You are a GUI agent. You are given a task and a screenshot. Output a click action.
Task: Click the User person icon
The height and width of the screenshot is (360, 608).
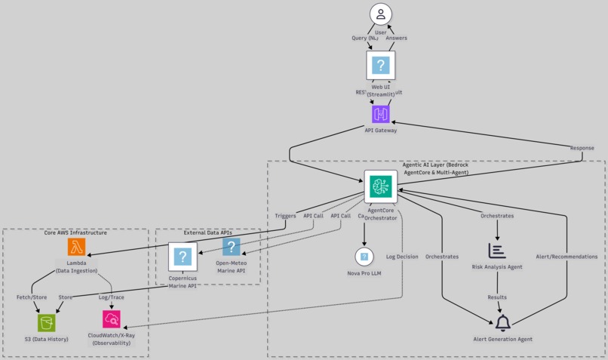click(381, 14)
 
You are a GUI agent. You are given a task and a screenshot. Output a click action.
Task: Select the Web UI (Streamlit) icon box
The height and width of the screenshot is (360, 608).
click(381, 66)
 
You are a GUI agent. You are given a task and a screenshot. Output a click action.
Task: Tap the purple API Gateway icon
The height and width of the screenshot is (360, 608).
click(381, 114)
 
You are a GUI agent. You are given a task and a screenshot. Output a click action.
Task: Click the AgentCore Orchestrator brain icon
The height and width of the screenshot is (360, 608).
click(381, 186)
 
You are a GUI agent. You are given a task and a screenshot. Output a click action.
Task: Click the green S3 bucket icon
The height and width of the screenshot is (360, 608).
click(47, 322)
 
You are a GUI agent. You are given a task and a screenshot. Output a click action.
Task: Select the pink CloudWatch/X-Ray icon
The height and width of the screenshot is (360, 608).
click(112, 319)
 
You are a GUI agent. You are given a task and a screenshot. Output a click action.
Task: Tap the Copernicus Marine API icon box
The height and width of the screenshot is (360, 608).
click(183, 257)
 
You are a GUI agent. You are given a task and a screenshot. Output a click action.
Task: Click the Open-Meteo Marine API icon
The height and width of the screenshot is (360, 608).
click(231, 247)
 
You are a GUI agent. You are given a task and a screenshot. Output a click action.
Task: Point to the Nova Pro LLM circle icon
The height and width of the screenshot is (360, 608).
click(364, 257)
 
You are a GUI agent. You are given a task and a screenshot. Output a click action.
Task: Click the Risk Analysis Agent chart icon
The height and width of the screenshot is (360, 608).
click(497, 251)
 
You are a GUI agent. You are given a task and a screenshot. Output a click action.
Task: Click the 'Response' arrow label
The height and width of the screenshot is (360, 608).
click(582, 148)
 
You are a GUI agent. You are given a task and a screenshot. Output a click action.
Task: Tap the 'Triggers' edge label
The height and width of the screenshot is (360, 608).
click(285, 216)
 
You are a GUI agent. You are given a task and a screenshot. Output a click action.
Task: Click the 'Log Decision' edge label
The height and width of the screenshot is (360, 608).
click(402, 257)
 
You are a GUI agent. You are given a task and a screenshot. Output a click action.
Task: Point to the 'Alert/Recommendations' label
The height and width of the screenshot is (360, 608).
click(567, 257)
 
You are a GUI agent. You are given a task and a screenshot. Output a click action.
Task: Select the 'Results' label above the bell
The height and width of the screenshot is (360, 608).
click(497, 297)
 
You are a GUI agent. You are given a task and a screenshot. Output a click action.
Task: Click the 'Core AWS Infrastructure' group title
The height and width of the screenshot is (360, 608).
click(75, 233)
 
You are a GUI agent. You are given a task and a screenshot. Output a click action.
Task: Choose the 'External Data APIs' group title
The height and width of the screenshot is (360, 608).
click(207, 233)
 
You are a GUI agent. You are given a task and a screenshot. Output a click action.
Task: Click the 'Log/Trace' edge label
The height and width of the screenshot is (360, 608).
click(112, 297)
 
